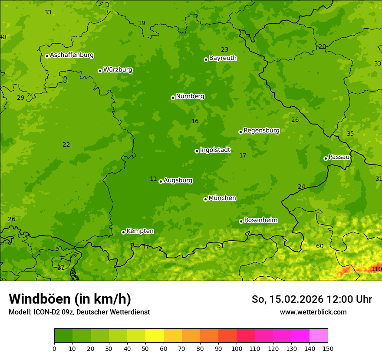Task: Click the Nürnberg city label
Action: point(190,96)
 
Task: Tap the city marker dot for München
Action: point(205,199)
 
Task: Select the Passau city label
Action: point(339,157)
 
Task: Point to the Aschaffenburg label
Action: point(72,55)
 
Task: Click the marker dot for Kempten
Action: point(123,232)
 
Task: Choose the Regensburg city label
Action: point(261,131)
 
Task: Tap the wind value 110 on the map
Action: point(376,269)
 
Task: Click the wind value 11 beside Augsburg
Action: point(153,179)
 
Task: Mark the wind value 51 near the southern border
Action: point(221,246)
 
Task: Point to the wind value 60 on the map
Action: point(319,246)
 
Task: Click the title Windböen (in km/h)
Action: point(69,299)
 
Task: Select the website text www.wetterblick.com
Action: point(313,312)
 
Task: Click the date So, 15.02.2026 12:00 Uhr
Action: point(312,299)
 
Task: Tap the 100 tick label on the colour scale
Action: point(237,348)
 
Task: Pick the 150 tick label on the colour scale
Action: point(328,348)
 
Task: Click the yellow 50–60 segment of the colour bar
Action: point(155,336)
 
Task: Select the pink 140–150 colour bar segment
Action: point(319,336)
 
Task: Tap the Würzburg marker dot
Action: point(100,71)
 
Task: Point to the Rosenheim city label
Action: point(260,220)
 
